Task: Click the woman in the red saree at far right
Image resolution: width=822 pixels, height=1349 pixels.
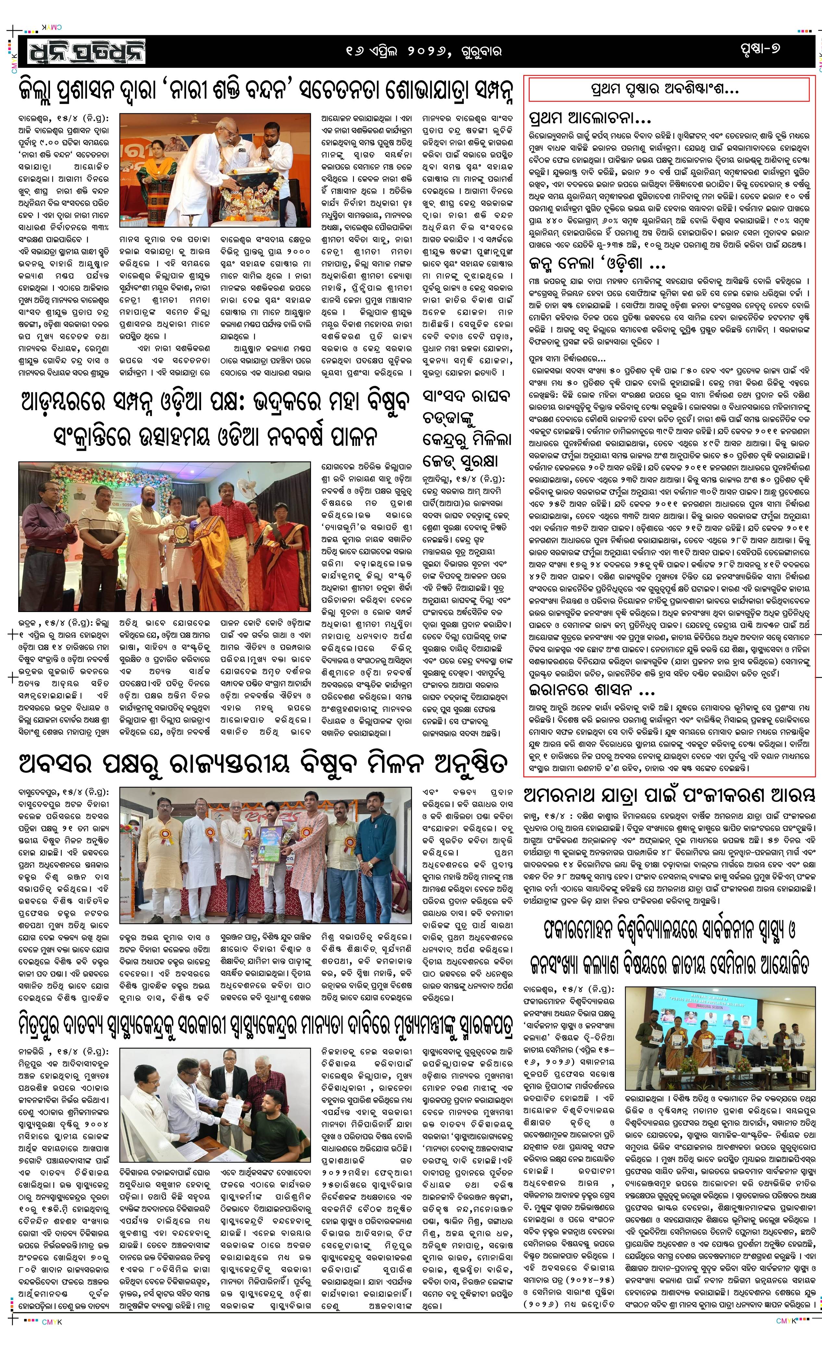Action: point(286,539)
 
